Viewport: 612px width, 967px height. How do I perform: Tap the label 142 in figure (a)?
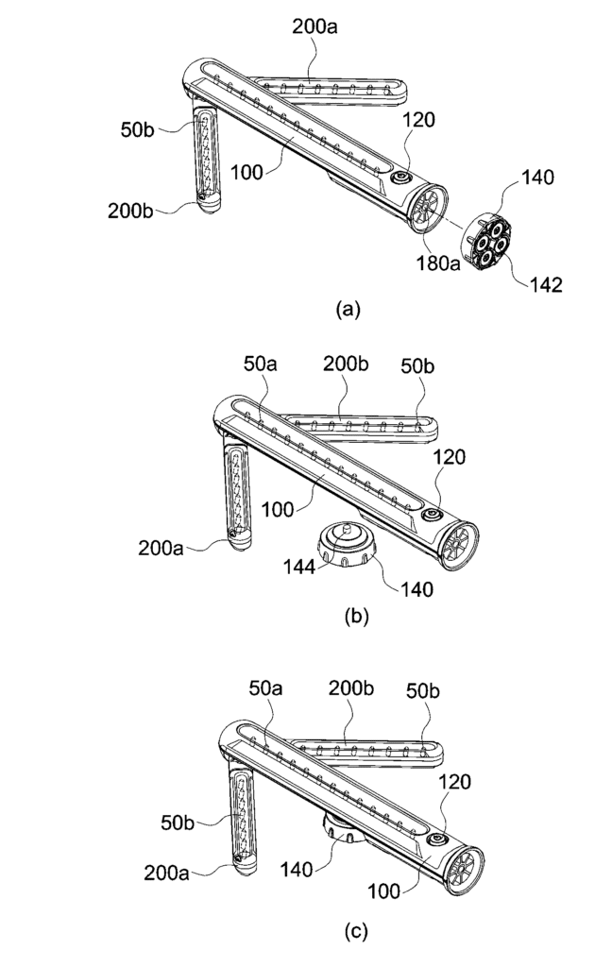545,284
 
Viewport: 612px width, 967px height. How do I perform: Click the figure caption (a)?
348,309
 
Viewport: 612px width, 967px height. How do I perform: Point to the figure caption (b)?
356,616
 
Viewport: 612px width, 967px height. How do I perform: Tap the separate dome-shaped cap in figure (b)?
346,545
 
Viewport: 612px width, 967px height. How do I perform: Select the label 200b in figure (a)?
130,211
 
